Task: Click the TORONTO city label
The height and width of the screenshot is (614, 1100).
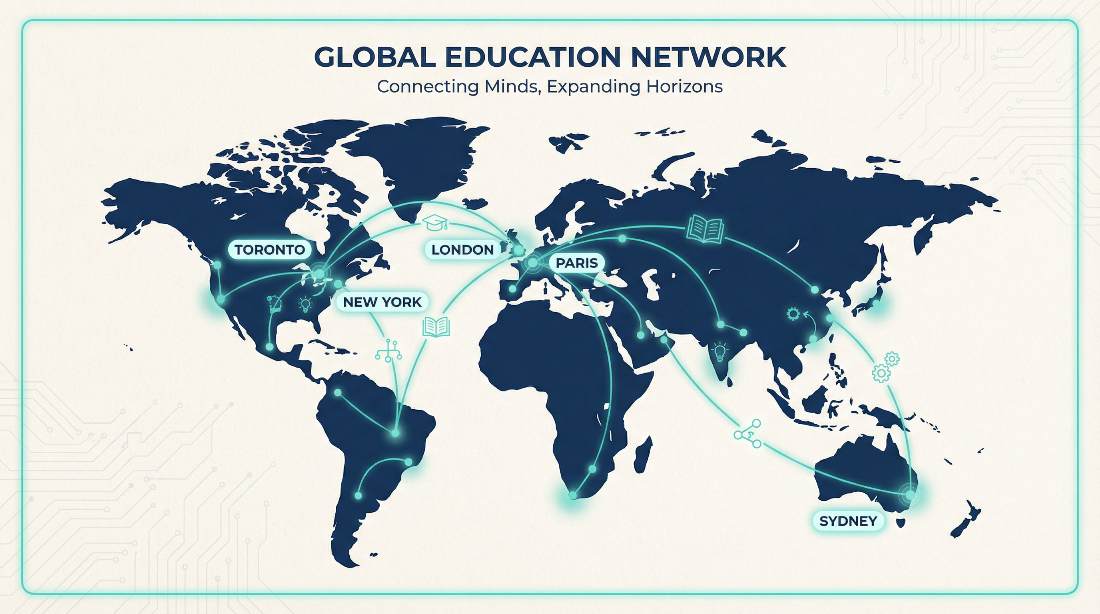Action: (269, 250)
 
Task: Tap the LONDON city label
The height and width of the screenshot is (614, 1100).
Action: (462, 250)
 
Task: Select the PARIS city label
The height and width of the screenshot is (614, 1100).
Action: (576, 263)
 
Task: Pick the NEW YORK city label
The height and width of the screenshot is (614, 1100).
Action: (382, 302)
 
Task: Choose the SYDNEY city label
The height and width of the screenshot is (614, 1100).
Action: (848, 521)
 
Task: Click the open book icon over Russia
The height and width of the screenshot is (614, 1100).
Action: (705, 229)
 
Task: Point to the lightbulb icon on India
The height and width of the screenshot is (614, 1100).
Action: (720, 351)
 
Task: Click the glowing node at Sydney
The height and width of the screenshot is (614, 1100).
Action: (910, 495)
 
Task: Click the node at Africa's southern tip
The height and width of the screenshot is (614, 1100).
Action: (573, 495)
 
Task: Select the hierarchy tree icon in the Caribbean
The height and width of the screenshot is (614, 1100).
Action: (388, 351)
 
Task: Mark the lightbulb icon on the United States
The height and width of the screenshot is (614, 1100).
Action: (305, 305)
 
